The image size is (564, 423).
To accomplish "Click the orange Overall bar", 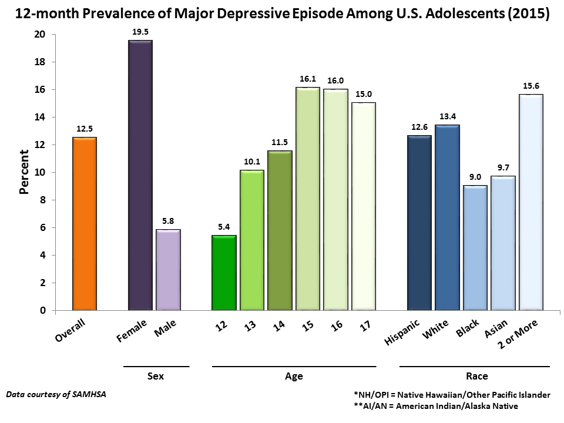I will coord(85,223).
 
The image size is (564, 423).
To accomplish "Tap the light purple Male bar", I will coord(168,270).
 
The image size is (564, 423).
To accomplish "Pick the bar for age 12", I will coord(224,273).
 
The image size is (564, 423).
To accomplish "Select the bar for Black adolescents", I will coord(475,247).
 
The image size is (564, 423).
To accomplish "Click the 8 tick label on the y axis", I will coord(43,200).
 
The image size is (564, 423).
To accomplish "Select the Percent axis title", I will coord(24,172).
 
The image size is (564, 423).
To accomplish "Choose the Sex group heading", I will coord(156,376).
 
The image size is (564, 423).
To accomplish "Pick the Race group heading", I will coord(475,376).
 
